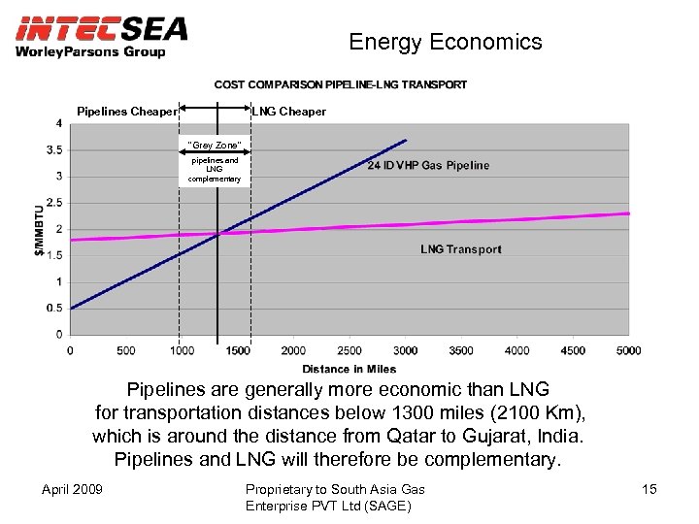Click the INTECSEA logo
tap(101, 28)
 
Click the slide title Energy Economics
tap(445, 42)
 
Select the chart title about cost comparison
tap(341, 85)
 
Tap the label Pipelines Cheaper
tap(127, 112)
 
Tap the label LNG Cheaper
tap(289, 112)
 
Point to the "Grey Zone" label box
tap(215, 146)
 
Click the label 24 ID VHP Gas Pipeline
tap(428, 165)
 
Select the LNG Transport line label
tap(460, 249)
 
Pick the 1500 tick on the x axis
tap(237, 350)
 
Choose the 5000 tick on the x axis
tap(629, 350)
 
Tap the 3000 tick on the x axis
tap(405, 350)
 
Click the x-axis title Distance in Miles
tap(349, 369)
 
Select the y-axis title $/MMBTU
tap(39, 229)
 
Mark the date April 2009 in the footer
tap(74, 489)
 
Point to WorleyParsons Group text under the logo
tap(90, 51)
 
